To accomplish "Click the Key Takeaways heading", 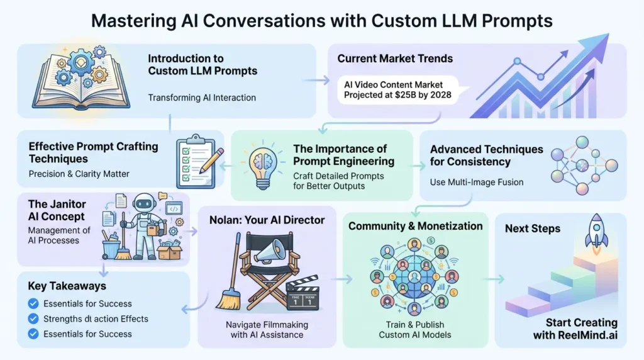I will point(67,286).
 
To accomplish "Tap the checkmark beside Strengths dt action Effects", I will point(34,318).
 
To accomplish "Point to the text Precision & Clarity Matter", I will point(79,173).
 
